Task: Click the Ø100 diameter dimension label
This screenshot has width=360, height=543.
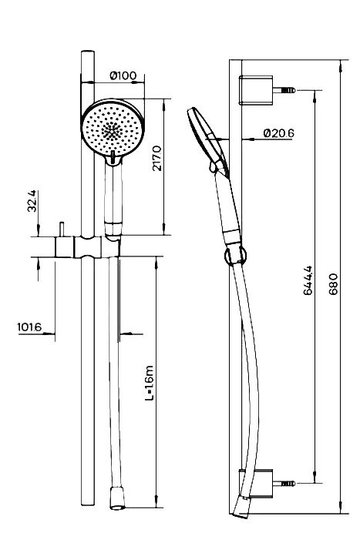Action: click(123, 75)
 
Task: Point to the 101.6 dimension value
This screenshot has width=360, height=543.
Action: click(29, 327)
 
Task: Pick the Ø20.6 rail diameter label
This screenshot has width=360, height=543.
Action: click(277, 132)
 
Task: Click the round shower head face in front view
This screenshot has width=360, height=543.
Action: click(112, 129)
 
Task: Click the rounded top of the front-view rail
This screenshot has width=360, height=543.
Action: click(86, 54)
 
